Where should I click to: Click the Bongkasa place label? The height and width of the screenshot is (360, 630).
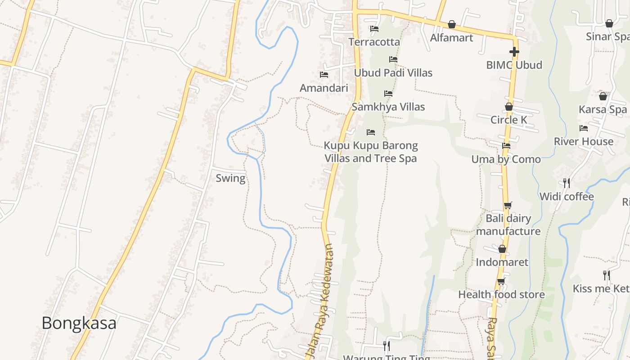tap(79, 323)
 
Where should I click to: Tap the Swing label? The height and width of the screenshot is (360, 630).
tap(230, 178)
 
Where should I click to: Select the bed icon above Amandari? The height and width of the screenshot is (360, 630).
tap(324, 75)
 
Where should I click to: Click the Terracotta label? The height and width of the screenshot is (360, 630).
tap(374, 42)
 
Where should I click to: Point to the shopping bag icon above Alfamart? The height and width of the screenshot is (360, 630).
tap(452, 24)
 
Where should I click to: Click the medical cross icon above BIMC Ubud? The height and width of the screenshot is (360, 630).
tap(514, 52)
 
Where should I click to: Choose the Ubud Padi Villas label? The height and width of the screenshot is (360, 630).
tap(393, 73)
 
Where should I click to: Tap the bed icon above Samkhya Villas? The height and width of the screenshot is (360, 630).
tap(388, 94)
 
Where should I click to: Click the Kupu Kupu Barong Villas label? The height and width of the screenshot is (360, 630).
tap(371, 152)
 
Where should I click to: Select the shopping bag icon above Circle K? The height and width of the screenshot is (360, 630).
tap(509, 107)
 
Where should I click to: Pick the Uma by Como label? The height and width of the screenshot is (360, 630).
tap(506, 159)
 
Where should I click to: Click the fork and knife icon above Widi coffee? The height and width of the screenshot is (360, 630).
tap(567, 183)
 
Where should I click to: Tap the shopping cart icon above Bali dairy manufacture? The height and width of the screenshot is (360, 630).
tap(508, 206)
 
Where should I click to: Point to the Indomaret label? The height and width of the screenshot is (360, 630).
tap(502, 262)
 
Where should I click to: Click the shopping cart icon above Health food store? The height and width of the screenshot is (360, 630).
tap(501, 282)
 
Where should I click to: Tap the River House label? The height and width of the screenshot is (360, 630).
tap(583, 141)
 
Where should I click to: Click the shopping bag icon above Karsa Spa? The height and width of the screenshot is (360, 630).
tap(603, 96)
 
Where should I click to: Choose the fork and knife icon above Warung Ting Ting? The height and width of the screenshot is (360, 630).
tap(386, 346)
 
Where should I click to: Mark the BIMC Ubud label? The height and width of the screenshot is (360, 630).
tap(514, 65)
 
